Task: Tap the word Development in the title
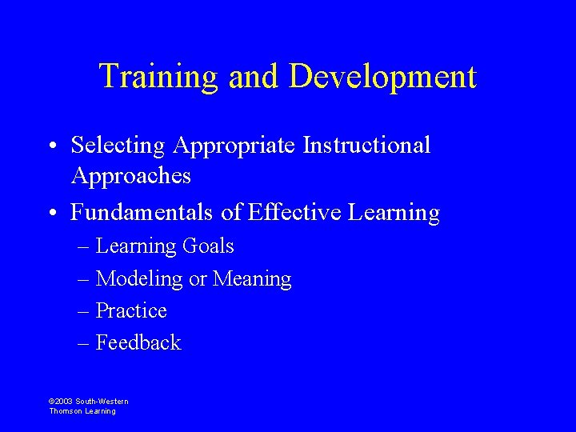pyautogui.click(x=382, y=77)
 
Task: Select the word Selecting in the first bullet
pyautogui.click(x=118, y=146)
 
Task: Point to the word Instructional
pyautogui.click(x=366, y=146)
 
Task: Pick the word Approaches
pyautogui.click(x=131, y=175)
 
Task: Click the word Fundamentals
pyautogui.click(x=141, y=212)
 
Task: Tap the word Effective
pyautogui.click(x=294, y=212)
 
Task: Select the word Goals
pyautogui.click(x=208, y=246)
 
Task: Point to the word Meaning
pyautogui.click(x=252, y=278)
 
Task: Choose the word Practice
pyautogui.click(x=131, y=310)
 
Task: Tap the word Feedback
pyautogui.click(x=138, y=342)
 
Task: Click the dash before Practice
pyautogui.click(x=84, y=311)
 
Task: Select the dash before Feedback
pyautogui.click(x=84, y=343)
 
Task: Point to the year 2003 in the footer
pyautogui.click(x=64, y=402)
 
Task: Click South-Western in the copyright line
pyautogui.click(x=102, y=402)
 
